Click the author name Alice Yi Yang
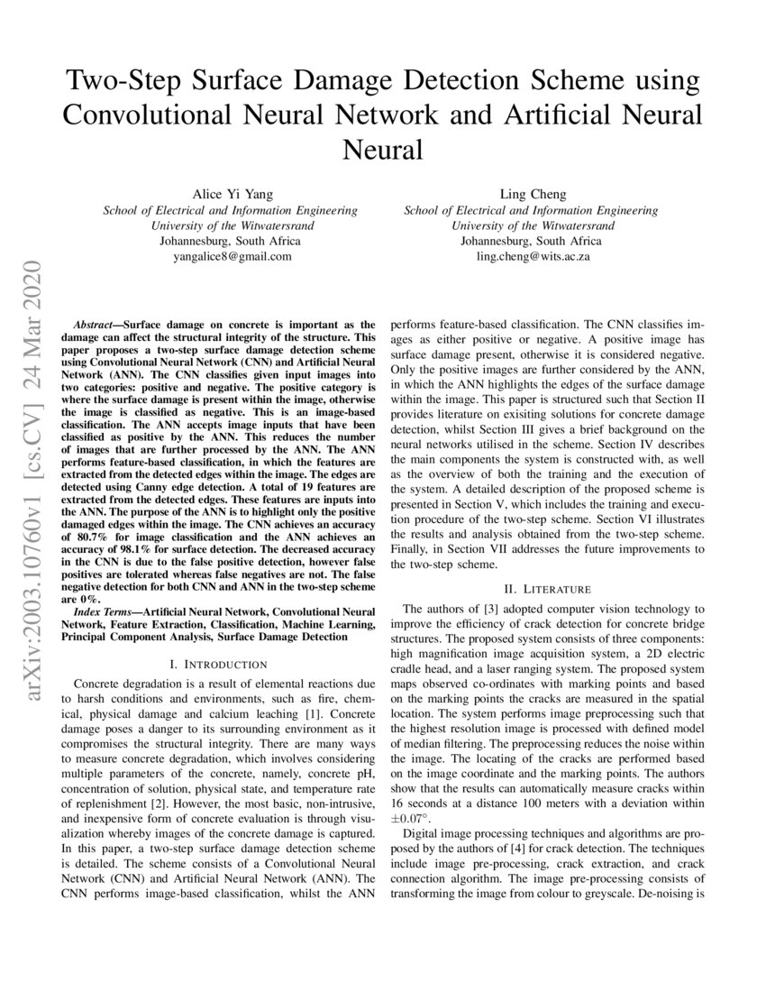click(230, 194)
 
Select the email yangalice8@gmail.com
click(231, 256)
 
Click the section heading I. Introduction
click(224, 664)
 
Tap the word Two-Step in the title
click(123, 81)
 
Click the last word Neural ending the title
click(383, 149)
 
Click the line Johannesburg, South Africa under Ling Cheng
click(531, 241)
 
